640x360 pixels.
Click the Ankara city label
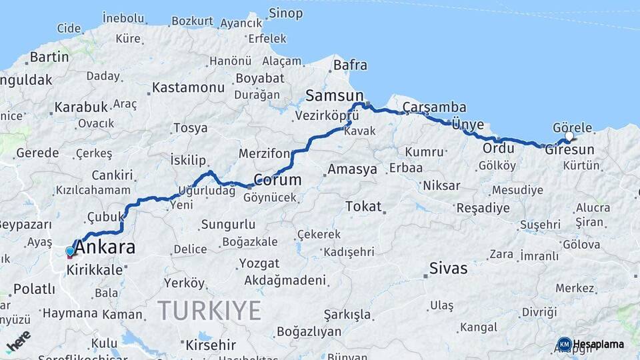(x=105, y=248)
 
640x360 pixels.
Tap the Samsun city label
(x=335, y=95)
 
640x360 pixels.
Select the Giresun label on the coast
(x=569, y=150)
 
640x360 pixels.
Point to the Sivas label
(x=448, y=269)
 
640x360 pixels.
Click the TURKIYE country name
(x=209, y=310)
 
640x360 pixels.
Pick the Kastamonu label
(x=188, y=87)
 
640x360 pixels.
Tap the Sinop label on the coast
(x=285, y=13)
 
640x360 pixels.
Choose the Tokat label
(x=363, y=206)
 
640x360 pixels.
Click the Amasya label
(x=352, y=169)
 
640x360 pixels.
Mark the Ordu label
(x=499, y=147)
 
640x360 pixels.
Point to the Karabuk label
(x=81, y=107)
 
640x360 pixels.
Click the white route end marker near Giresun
(x=569, y=137)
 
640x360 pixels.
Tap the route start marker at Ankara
(x=70, y=252)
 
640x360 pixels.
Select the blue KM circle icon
(x=564, y=344)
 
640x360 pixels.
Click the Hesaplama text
(x=599, y=344)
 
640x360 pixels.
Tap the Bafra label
(x=350, y=65)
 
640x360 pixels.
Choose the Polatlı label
(x=34, y=289)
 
